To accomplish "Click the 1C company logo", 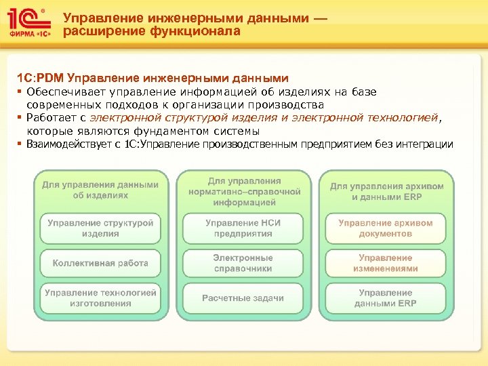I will click(x=28, y=24).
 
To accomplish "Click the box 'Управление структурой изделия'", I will click(x=100, y=228).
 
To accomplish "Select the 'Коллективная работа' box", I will click(x=100, y=263).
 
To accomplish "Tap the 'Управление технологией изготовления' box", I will click(x=100, y=298).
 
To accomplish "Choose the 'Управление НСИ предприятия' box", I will click(x=243, y=228).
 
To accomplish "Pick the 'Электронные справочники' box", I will click(x=243, y=263).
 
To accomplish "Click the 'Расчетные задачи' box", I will click(x=243, y=298).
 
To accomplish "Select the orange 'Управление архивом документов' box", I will click(x=386, y=228).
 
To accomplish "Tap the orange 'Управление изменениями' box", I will click(x=386, y=263).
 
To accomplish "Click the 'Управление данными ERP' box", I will click(x=386, y=298).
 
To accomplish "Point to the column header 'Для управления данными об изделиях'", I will click(x=100, y=190).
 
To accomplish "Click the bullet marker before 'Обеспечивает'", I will click(x=20, y=92).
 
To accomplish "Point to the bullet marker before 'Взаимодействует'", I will click(x=20, y=144).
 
